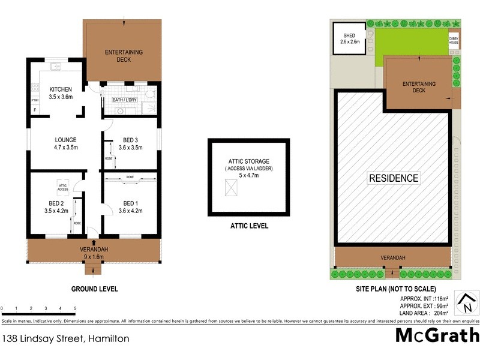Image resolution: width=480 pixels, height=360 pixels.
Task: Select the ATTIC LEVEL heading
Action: point(249,226)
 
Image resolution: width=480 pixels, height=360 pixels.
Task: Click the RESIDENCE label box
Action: point(393,178)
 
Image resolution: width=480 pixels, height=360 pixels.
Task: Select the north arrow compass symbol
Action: point(467,303)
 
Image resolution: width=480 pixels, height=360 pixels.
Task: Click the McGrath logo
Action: point(437,335)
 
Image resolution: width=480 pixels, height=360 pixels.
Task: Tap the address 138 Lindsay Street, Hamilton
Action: point(65,338)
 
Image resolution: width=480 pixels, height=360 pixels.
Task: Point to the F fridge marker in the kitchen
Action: point(35,110)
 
